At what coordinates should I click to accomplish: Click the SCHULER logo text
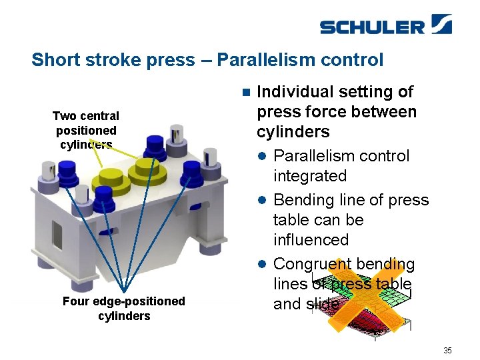(372, 27)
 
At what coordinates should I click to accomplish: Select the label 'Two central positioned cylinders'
(86, 130)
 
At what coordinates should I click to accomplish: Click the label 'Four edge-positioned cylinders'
(124, 308)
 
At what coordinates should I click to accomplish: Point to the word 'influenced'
(311, 239)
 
